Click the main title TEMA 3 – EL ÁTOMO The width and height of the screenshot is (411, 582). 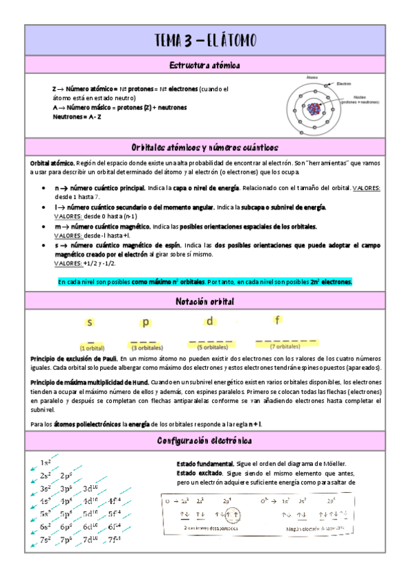click(x=205, y=40)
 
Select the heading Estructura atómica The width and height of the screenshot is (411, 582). click(x=205, y=65)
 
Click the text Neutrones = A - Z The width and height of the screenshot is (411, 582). click(x=77, y=117)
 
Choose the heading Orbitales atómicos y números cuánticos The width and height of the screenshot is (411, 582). click(x=205, y=148)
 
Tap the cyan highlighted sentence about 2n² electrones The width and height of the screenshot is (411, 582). click(x=205, y=281)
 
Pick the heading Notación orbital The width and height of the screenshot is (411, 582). click(x=205, y=301)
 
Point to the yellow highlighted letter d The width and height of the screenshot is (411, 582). click(x=210, y=321)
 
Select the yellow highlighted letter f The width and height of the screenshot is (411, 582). click(x=277, y=320)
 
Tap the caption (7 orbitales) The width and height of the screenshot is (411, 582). click(x=285, y=347)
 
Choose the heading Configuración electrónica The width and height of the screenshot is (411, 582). click(x=205, y=440)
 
